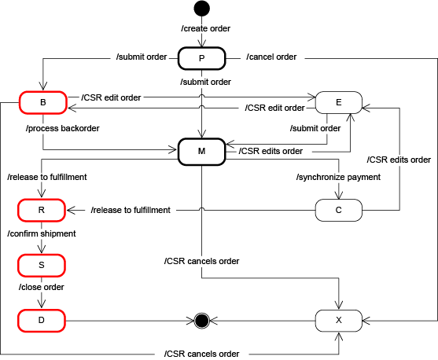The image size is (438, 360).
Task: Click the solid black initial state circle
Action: click(x=202, y=9)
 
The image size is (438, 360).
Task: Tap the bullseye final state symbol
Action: click(x=201, y=320)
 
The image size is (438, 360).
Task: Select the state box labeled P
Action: click(x=202, y=58)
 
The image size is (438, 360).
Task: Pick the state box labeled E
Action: click(x=338, y=102)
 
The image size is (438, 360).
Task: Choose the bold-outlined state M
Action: click(x=202, y=149)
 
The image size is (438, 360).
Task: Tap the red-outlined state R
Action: click(x=42, y=210)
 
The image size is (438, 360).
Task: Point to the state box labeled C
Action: click(x=338, y=210)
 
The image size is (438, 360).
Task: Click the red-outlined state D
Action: click(x=42, y=320)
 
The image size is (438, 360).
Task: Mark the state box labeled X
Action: click(x=338, y=320)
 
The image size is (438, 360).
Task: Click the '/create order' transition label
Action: click(x=206, y=28)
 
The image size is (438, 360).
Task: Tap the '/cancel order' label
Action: click(x=271, y=57)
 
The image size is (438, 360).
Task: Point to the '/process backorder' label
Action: click(x=63, y=127)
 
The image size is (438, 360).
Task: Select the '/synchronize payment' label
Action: click(x=338, y=177)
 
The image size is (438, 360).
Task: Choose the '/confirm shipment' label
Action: click(x=42, y=234)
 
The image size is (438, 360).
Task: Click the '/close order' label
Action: click(x=42, y=287)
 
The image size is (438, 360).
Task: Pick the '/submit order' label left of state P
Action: click(x=142, y=57)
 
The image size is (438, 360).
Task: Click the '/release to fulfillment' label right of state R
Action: click(x=131, y=210)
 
